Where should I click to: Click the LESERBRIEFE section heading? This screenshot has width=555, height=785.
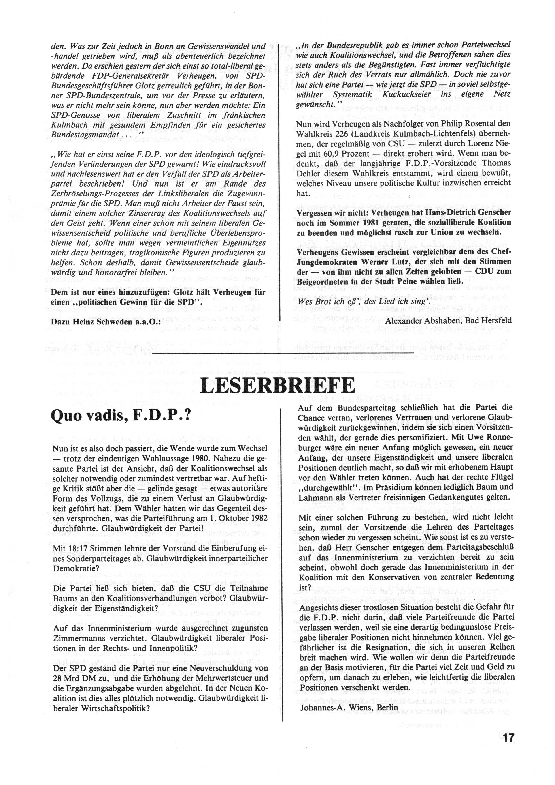coord(277,386)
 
